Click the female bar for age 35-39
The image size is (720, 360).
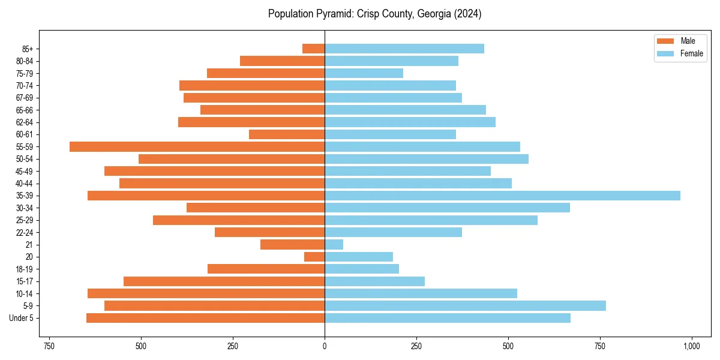(x=502, y=196)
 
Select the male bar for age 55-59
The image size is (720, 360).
(x=197, y=146)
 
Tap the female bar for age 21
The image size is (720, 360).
(x=334, y=245)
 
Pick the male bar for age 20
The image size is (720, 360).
(x=314, y=257)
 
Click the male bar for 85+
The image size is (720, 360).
(x=313, y=49)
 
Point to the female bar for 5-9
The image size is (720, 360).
(x=465, y=306)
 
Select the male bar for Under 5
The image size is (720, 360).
(x=205, y=318)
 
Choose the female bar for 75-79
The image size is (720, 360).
(x=364, y=73)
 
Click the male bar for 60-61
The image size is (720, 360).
(x=287, y=134)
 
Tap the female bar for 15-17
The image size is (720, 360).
(x=374, y=281)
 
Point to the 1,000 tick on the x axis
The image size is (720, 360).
(x=692, y=346)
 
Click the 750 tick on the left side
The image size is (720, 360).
(x=49, y=346)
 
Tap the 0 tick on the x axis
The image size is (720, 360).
(x=325, y=346)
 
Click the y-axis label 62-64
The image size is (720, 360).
(x=25, y=122)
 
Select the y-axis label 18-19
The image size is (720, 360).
(x=25, y=269)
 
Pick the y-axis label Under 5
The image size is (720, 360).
(x=22, y=318)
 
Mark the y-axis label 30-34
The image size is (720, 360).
(x=25, y=208)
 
